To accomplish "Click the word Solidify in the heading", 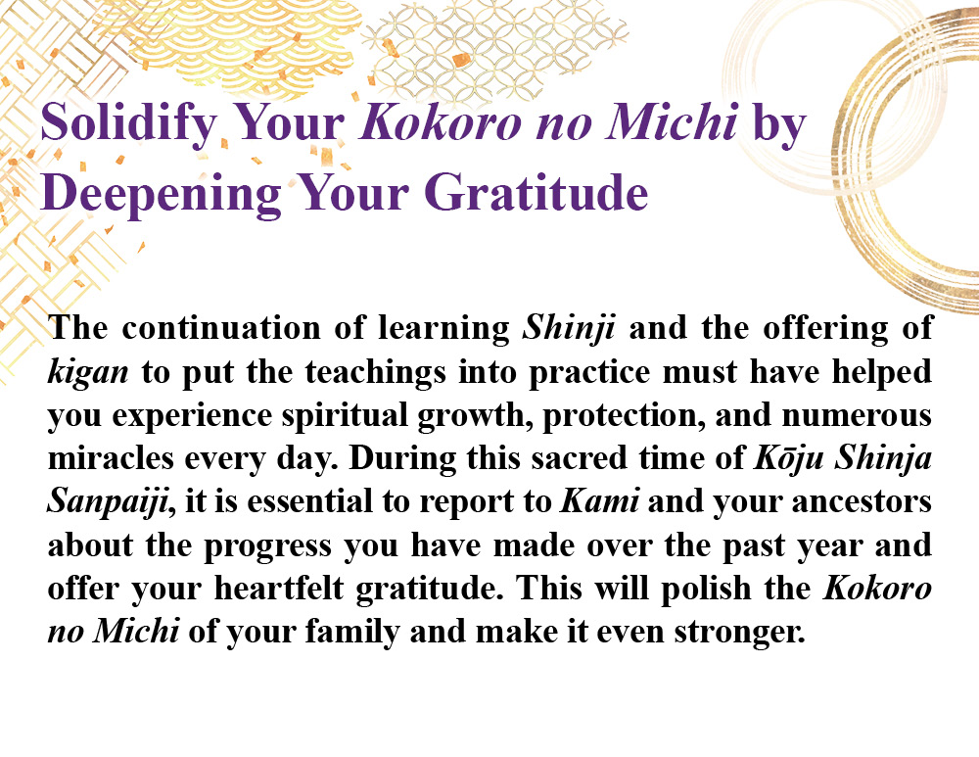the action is [128, 123].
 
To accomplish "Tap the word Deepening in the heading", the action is [162, 194].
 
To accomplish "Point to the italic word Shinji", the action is [569, 328].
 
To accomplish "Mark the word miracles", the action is [111, 458].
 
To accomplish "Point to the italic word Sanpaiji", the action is [109, 502].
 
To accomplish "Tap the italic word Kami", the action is [600, 501].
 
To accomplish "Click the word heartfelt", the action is [279, 588].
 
